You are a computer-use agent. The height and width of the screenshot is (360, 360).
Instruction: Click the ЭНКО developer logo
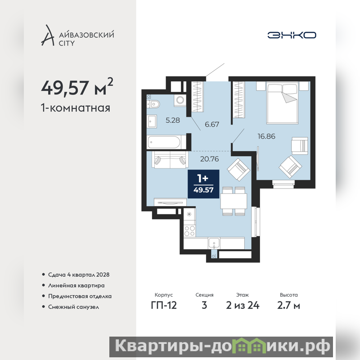coord(292,35)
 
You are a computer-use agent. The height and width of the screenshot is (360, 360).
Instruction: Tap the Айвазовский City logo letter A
coord(48,36)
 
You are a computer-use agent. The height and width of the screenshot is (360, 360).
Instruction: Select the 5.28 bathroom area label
coord(173,120)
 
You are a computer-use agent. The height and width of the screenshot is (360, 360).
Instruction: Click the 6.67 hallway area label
coord(212,125)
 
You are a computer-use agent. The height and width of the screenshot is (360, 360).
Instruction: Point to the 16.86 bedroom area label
coord(266,136)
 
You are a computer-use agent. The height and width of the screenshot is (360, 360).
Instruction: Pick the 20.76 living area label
coord(209,159)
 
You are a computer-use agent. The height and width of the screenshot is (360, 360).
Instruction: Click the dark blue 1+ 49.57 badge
coord(203,184)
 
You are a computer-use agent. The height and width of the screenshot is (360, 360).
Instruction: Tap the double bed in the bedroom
coord(283,103)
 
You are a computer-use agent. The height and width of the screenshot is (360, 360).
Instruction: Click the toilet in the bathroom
coord(153,104)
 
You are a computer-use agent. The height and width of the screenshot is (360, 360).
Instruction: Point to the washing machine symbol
coord(180,100)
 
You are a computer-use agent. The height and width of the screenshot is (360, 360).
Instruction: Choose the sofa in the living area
coord(170,160)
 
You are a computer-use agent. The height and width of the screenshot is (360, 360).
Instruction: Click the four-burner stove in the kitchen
coord(189,231)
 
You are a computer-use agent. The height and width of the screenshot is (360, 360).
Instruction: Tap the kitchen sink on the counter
coord(214,243)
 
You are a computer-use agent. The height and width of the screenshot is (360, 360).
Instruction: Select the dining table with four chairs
coord(234,201)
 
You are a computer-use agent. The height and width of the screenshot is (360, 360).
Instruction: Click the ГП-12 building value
coord(164,306)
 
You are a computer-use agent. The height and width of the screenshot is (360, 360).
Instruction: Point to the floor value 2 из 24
coord(243,306)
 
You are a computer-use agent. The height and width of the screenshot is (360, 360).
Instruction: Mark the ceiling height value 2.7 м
coord(288,306)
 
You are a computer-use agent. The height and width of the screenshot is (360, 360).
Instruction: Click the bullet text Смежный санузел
coord(73,307)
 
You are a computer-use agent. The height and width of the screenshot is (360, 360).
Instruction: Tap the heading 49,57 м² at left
coord(77,87)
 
